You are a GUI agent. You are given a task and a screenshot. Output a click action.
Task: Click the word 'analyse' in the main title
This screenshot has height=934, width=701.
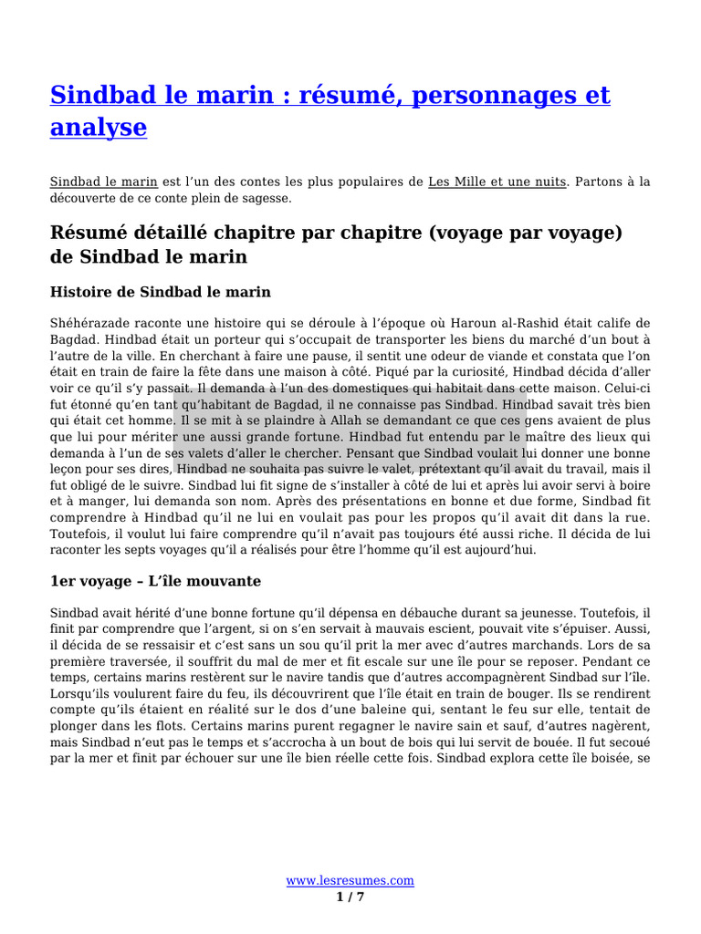coord(98,127)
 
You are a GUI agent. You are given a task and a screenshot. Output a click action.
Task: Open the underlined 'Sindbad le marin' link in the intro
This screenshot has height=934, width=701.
coord(103,182)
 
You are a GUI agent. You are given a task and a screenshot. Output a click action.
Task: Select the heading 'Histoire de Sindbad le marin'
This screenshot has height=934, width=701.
coord(160,292)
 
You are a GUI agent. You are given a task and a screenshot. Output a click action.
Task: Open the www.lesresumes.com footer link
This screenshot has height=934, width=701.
coord(350,880)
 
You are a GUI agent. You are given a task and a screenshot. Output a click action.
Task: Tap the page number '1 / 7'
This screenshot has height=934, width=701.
coord(350,897)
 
